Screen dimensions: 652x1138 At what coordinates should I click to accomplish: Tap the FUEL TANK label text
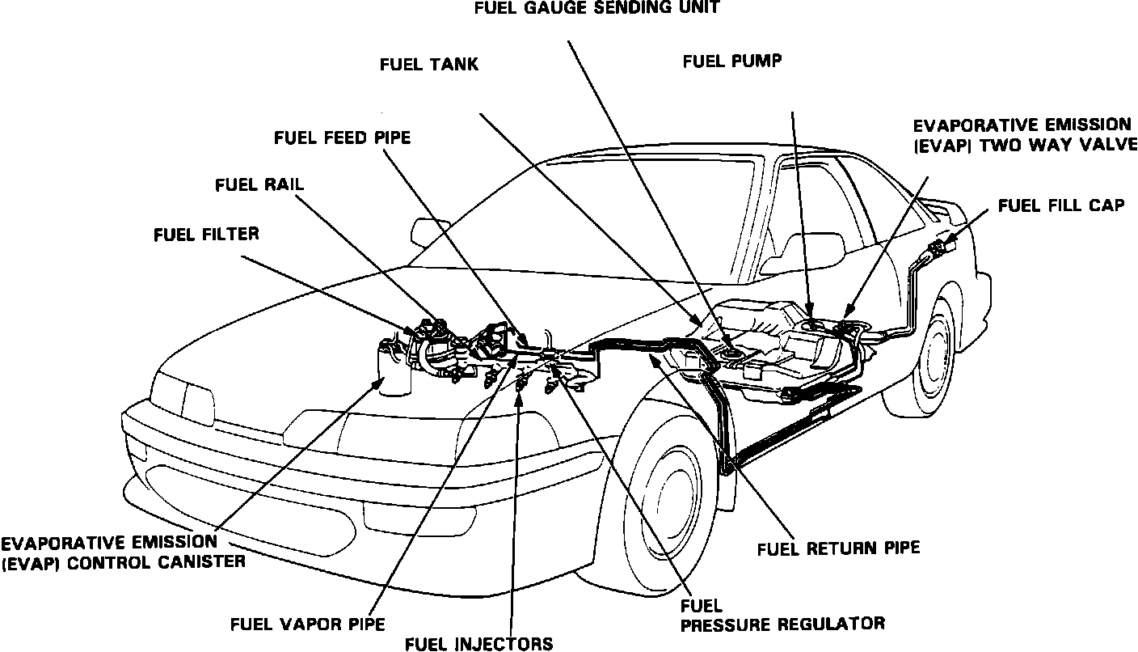428,65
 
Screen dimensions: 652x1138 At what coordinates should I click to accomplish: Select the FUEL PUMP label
731,61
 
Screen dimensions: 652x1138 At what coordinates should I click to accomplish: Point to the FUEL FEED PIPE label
342,138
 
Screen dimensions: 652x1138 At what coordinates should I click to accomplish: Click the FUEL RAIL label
259,184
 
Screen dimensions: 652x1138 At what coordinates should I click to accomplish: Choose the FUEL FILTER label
206,235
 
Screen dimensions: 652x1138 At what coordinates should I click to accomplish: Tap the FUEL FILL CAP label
1060,205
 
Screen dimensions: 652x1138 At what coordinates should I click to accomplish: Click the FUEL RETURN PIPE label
838,548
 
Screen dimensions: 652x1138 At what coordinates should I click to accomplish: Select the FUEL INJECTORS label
479,644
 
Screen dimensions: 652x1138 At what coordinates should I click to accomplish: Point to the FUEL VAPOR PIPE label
307,624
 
